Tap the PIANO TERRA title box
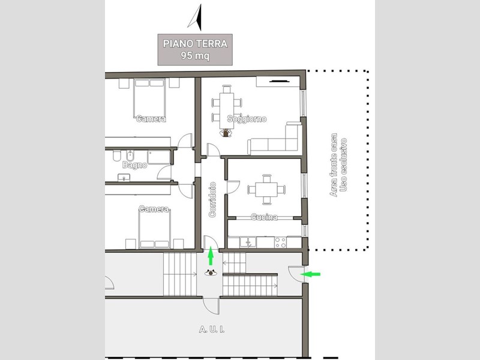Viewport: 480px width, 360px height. coord(195,50)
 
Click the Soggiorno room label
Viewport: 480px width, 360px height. coord(247,119)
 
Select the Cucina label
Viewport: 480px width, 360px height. coord(264,217)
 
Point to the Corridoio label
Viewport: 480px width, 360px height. coord(212,200)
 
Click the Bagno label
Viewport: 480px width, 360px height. coord(134,165)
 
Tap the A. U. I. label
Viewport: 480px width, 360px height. coord(212,329)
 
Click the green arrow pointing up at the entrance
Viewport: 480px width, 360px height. coord(211,256)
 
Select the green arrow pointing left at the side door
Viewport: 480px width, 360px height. coord(310,274)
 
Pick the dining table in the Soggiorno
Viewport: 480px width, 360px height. coord(227,110)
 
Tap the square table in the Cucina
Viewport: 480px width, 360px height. coord(266,190)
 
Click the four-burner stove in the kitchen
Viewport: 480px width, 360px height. coord(280,242)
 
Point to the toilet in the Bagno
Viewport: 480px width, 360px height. coord(116,156)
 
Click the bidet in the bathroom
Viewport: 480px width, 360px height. coord(130,156)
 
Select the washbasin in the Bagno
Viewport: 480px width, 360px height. coord(124,178)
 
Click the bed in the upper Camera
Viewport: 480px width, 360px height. coord(149,98)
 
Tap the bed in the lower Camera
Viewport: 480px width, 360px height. coord(155,229)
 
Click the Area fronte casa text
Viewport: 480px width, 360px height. coord(334,164)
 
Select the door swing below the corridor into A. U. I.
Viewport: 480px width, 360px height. coord(212,306)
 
